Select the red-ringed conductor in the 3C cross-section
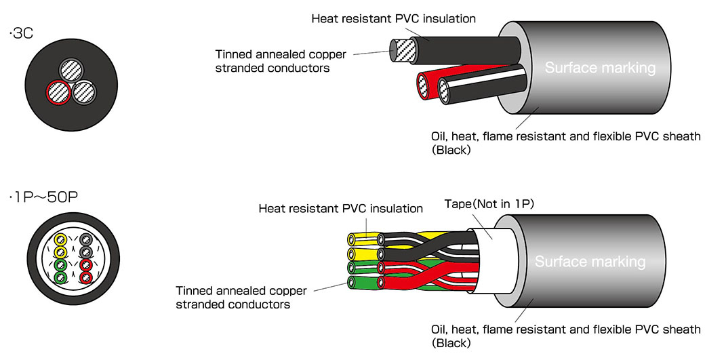[x=59, y=93]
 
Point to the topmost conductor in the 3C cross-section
[x=72, y=71]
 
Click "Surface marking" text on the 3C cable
[x=600, y=68]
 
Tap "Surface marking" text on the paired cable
[x=590, y=261]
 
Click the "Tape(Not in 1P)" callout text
[x=489, y=204]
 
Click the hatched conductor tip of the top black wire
[x=398, y=50]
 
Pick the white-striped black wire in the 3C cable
[x=482, y=85]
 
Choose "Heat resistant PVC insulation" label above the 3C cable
[x=393, y=18]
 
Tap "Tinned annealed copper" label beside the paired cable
[x=241, y=291]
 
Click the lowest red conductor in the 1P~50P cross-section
[x=86, y=277]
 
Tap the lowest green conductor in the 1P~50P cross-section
[x=60, y=277]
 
